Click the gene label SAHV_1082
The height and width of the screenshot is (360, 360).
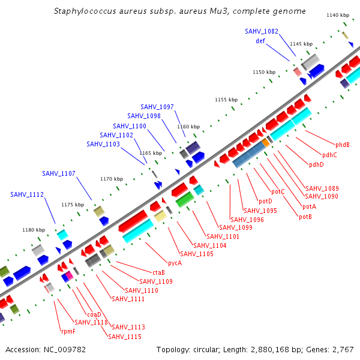(262, 31)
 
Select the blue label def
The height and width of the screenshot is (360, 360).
(260, 41)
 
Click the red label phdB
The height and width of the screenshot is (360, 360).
(343, 145)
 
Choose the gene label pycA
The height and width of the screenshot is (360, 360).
(175, 263)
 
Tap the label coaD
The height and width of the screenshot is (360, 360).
(94, 314)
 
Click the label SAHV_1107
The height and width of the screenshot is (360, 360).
(59, 173)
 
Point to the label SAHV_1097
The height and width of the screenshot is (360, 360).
(157, 107)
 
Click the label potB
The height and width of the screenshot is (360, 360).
(305, 217)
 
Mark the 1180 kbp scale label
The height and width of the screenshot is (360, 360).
(34, 230)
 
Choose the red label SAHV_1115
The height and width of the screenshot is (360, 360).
(125, 337)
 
